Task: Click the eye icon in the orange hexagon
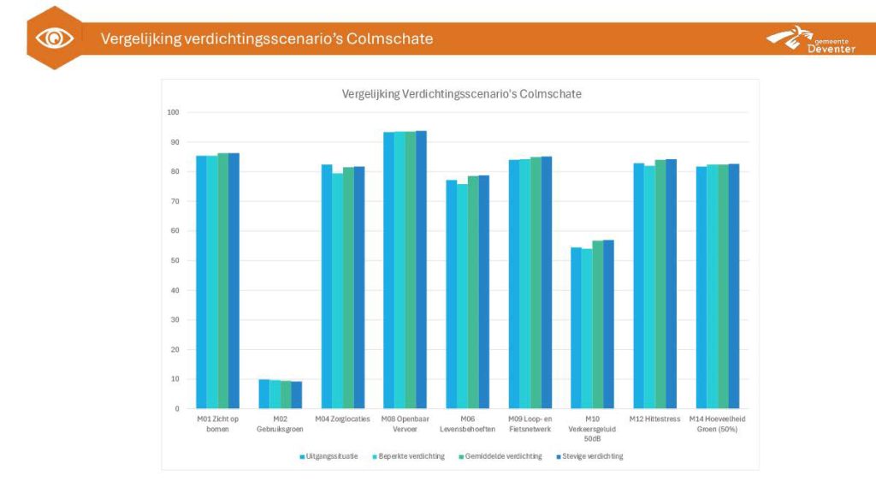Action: click(x=55, y=39)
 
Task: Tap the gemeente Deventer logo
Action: click(x=810, y=39)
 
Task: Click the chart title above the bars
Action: click(x=461, y=94)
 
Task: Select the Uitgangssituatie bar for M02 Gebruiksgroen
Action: click(x=264, y=394)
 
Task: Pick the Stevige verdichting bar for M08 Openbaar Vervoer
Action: click(x=421, y=270)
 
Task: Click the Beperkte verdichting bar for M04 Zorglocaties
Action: click(x=338, y=291)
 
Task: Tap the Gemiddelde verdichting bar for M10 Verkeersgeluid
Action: click(x=597, y=324)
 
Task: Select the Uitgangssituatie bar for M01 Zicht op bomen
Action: click(x=202, y=282)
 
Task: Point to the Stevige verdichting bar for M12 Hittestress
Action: click(x=672, y=283)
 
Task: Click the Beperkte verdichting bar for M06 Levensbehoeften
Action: click(x=462, y=296)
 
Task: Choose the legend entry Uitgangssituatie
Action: click(x=329, y=456)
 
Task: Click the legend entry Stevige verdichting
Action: click(x=589, y=456)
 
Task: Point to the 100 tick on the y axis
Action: click(x=173, y=112)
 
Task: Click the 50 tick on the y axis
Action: click(x=174, y=260)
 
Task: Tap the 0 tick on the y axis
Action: click(x=176, y=409)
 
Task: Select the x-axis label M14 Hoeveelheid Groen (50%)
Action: click(x=717, y=424)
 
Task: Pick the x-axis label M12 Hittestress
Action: click(x=654, y=419)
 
